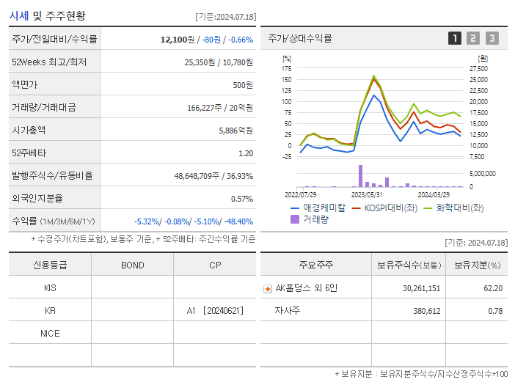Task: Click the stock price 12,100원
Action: tap(176, 39)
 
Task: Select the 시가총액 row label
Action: tap(29, 130)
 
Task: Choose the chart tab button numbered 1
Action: tap(455, 38)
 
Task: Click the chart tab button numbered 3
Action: tap(492, 38)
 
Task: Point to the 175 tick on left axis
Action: tap(287, 68)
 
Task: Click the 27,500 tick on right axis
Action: tap(478, 68)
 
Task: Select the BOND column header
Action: tap(132, 265)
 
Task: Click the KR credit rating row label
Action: tap(50, 311)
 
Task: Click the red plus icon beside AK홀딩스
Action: tap(267, 288)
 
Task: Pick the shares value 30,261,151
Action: tap(421, 288)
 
